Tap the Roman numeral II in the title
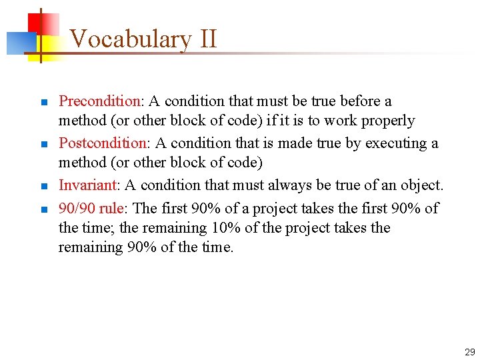[207, 39]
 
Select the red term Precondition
[99, 101]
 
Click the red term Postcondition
[102, 143]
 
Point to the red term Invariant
[87, 185]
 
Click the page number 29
[469, 352]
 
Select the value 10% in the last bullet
[225, 228]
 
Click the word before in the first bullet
[361, 101]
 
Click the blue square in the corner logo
[19, 43]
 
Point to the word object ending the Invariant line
[423, 185]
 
